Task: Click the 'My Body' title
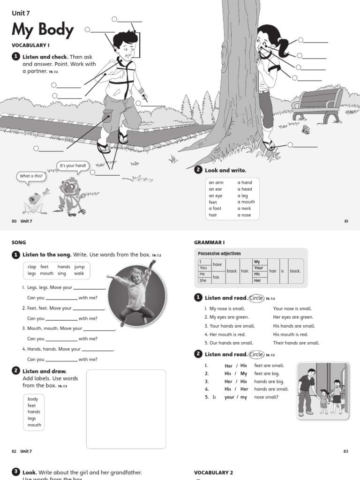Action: click(43, 30)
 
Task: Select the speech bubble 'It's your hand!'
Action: click(72, 166)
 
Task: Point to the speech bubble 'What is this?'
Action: click(31, 176)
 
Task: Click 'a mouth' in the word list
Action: click(246, 202)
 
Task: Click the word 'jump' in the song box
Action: click(79, 267)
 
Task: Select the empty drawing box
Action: click(126, 409)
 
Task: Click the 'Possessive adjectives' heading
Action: click(219, 254)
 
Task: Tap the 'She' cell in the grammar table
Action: click(202, 280)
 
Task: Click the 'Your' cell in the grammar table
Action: click(258, 268)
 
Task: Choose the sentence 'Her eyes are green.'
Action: click(293, 317)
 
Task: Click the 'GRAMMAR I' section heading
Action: click(209, 242)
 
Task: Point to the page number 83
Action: click(345, 451)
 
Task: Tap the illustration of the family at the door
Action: click(323, 389)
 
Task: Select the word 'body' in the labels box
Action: click(33, 399)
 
